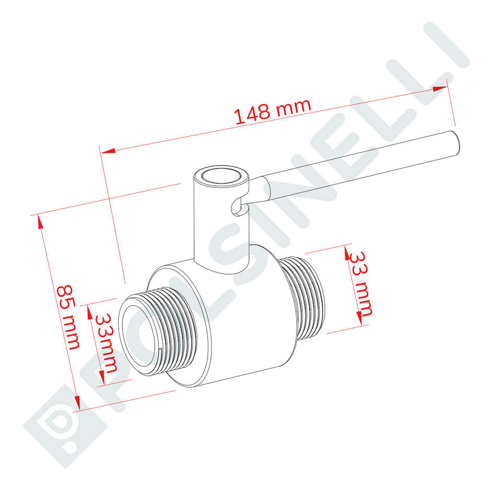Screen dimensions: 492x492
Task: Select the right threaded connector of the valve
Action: coord(306,296)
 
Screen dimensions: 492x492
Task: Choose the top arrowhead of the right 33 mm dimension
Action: coord(346,253)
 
